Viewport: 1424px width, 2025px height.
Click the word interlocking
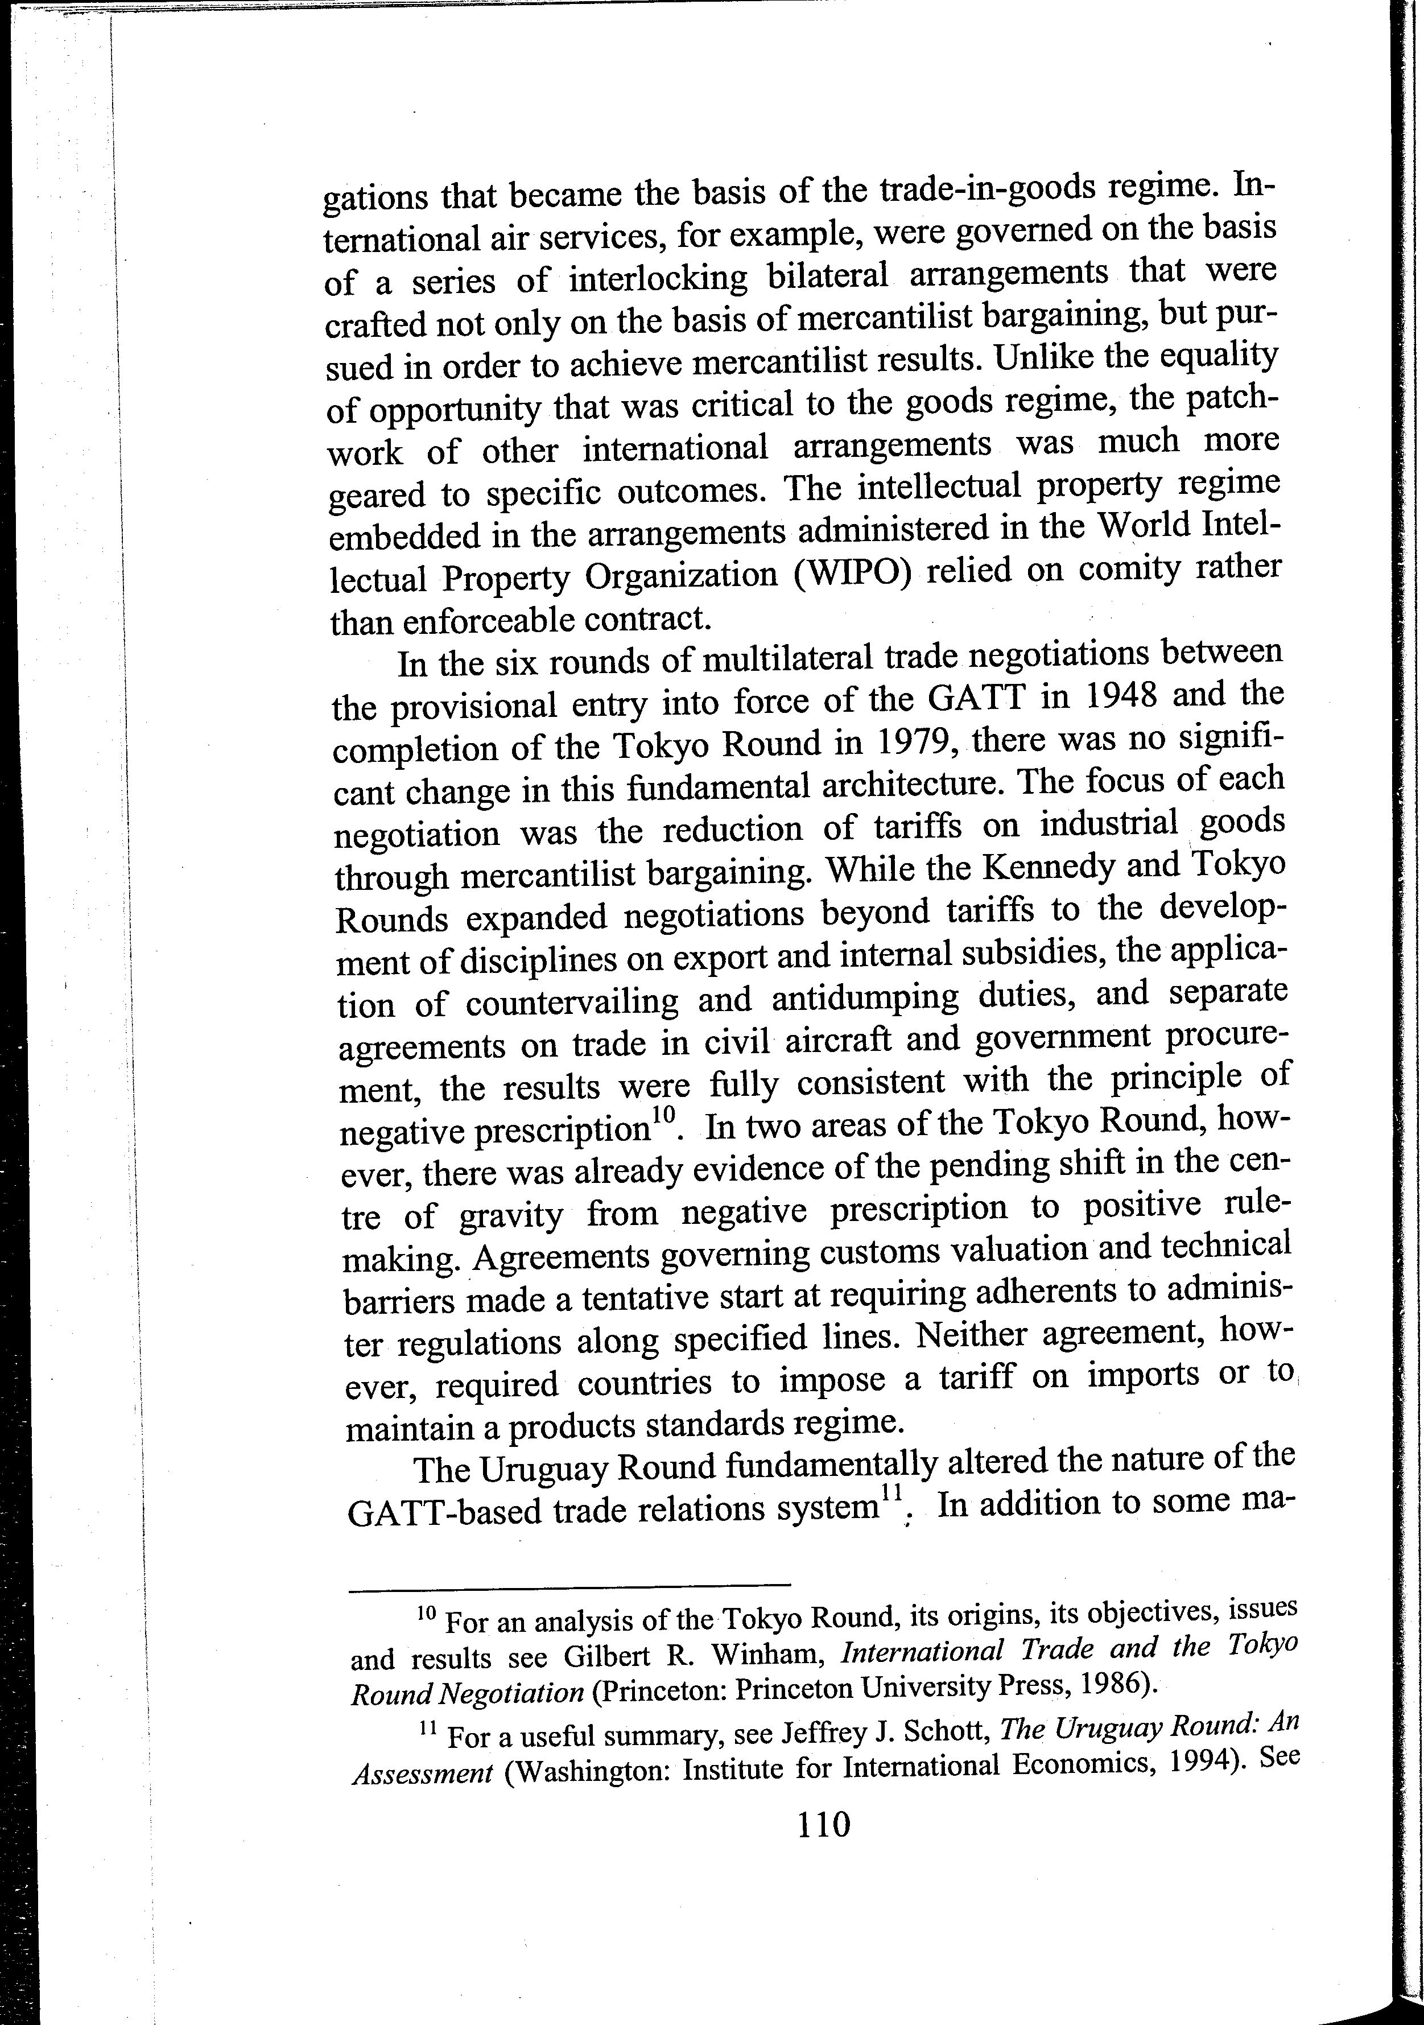click(658, 279)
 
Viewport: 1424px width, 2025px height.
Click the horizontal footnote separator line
click(569, 1584)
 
